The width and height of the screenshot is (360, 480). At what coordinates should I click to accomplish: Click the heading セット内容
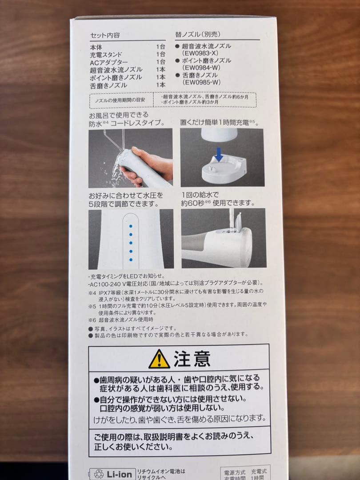click(x=104, y=35)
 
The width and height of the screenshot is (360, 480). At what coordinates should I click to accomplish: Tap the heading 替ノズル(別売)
click(x=198, y=34)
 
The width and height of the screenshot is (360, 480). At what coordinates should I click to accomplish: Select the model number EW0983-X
click(x=200, y=53)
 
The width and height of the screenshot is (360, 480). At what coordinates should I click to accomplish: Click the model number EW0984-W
click(x=201, y=68)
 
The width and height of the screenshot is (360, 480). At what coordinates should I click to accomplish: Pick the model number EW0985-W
click(x=201, y=82)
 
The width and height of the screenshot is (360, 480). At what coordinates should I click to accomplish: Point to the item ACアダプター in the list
click(x=109, y=62)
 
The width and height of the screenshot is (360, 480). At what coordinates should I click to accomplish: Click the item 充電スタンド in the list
click(x=106, y=54)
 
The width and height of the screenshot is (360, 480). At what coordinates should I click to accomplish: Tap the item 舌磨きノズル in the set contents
click(x=108, y=84)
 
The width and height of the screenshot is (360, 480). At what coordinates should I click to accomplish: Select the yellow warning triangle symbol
click(x=159, y=359)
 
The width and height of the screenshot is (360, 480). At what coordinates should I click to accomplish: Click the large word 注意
click(x=192, y=359)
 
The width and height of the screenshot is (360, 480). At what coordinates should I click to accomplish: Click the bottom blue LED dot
click(x=131, y=259)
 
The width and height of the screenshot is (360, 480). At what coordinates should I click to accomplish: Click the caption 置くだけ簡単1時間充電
click(x=218, y=122)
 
